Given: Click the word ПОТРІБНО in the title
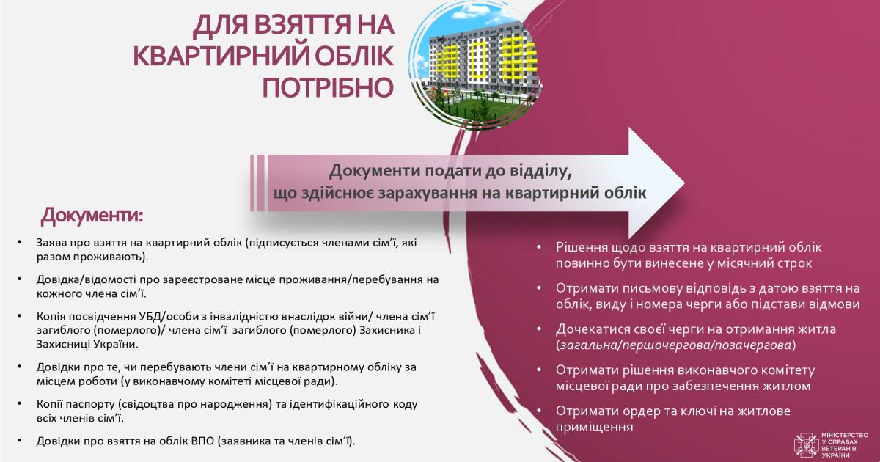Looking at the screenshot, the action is point(328,87).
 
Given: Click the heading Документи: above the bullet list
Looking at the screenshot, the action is point(92,216).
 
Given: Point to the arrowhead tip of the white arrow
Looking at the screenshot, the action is point(685,183).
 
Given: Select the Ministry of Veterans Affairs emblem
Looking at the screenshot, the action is point(806,445).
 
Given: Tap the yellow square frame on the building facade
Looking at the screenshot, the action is point(480,59).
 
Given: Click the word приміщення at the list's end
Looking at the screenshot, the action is point(595,428).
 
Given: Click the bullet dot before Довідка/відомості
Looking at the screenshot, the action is point(20,279).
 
